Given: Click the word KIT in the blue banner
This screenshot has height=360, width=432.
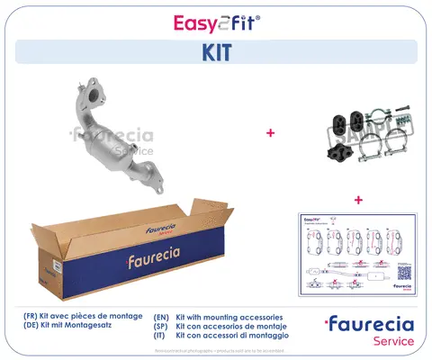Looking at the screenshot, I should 215,51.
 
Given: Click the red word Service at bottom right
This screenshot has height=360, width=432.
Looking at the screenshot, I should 392,341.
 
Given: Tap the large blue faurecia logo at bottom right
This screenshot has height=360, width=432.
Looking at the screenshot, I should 371,323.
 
